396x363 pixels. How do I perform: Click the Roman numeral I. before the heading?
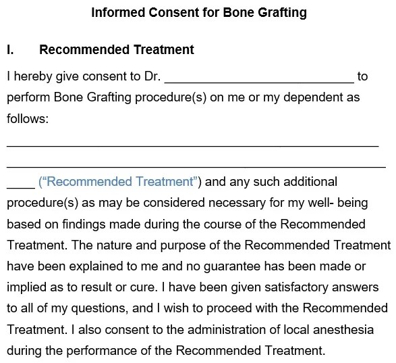pos(10,50)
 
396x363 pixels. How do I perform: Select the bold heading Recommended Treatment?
pos(117,50)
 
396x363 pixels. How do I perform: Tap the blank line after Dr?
pos(259,76)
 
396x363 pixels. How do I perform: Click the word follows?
pos(28,118)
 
